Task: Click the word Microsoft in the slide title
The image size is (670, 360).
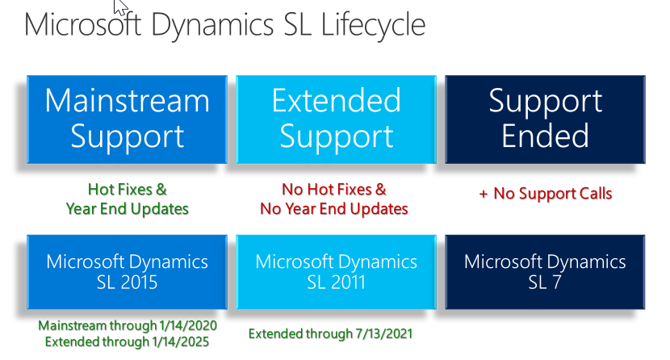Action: coord(83,24)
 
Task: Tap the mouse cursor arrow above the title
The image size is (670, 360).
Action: coord(120,6)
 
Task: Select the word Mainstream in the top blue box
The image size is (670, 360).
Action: coord(127,101)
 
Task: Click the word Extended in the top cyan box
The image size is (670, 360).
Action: coord(337,100)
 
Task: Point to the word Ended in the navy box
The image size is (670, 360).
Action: coord(545,136)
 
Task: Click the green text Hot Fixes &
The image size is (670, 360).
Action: coord(127,189)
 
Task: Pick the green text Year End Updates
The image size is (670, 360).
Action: coord(127,209)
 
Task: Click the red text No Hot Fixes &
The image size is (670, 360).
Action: coord(333,189)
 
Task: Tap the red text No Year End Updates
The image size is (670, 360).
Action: coord(333,209)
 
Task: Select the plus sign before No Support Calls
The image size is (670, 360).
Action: coord(484,195)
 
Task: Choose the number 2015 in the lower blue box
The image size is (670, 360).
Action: coord(139,283)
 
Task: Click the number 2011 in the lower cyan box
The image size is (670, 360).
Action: coord(348,283)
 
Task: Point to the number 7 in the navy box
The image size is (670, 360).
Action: coord(556,283)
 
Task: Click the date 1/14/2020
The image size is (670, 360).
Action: coord(188,325)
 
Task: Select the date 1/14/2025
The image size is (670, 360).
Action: coord(180,341)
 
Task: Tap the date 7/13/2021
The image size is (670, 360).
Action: coord(384,333)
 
